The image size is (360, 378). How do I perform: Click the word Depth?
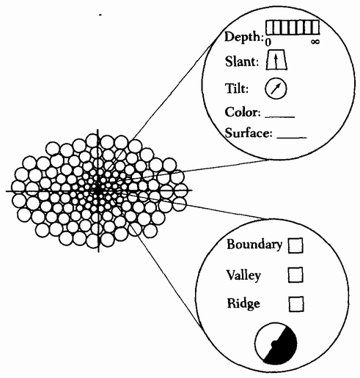[243, 37]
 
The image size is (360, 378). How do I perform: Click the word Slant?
[242, 62]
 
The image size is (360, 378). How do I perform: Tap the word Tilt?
[236, 88]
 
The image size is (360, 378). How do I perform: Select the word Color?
[243, 112]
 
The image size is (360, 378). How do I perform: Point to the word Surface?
[249, 133]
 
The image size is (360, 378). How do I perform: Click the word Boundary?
[254, 244]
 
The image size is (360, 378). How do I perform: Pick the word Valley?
[243, 275]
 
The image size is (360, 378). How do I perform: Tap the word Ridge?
[243, 303]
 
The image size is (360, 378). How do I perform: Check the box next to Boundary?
[295, 245]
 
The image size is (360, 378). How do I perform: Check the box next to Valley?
[295, 275]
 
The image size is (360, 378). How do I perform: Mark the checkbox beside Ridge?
[296, 304]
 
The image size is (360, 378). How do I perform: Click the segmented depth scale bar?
[293, 27]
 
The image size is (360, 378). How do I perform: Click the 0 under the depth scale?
[268, 42]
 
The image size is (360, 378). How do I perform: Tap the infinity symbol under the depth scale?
[315, 42]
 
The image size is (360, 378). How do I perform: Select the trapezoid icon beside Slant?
[276, 60]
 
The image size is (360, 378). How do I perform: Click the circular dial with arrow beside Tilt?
[276, 89]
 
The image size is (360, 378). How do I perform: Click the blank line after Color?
[280, 117]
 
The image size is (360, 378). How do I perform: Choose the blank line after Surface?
[292, 138]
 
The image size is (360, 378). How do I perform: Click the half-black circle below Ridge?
[276, 344]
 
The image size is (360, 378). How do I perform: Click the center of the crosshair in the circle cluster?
[98, 190]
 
